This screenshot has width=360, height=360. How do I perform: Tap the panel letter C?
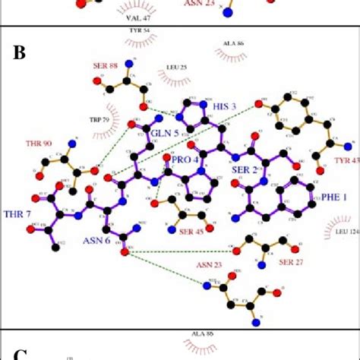pyautogui.click(x=21, y=354)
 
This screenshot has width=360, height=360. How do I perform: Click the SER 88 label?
pyautogui.click(x=114, y=67)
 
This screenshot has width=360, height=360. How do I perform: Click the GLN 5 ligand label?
pyautogui.click(x=164, y=134)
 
